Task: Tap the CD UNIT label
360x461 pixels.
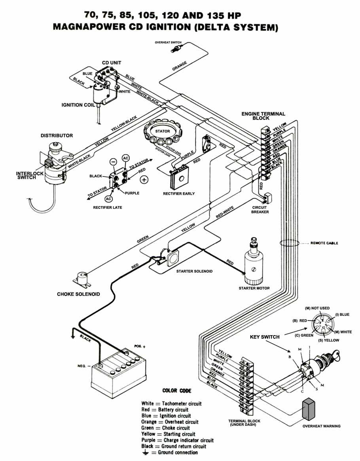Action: pos(112,63)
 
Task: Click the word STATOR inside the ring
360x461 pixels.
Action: pos(162,131)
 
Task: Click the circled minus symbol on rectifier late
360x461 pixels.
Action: pos(113,161)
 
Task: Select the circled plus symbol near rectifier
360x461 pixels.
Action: pos(144,180)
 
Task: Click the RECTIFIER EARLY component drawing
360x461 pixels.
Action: pos(179,179)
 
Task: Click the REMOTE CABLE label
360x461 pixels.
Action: pos(324,243)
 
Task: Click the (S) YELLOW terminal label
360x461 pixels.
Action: pos(329,340)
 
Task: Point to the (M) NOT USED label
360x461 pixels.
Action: pos(317,308)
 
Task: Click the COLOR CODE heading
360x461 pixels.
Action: pos(177,391)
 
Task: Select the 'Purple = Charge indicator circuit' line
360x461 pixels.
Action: pos(177,440)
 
